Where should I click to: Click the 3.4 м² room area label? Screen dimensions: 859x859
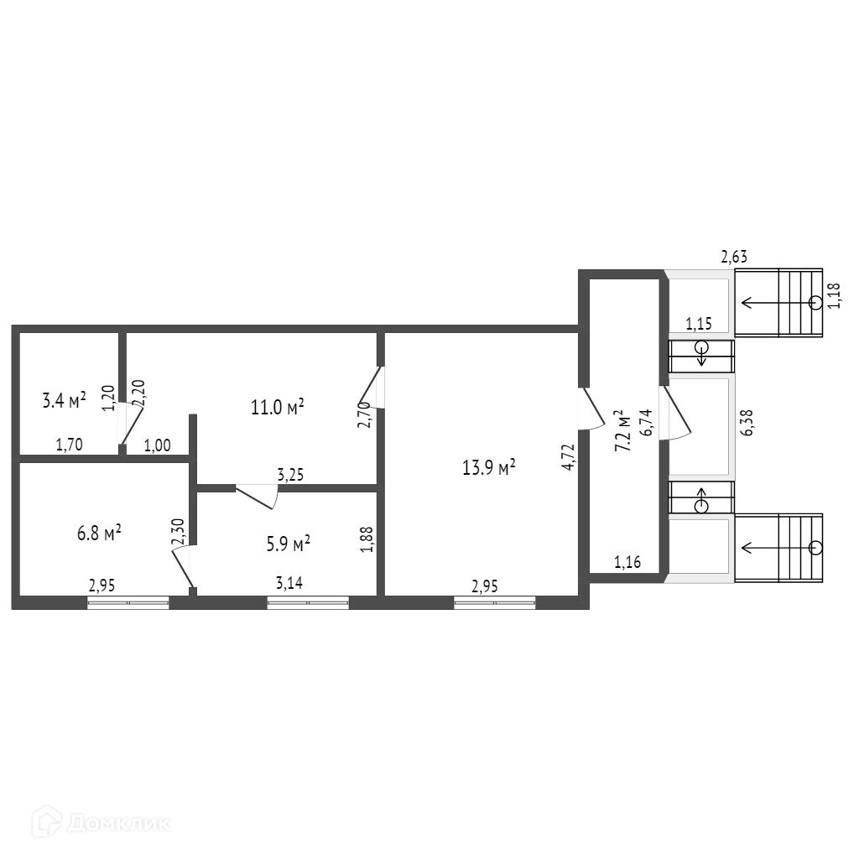pos(64,400)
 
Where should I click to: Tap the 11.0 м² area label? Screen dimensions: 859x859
pos(277,408)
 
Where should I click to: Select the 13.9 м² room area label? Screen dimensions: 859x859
pos(489,468)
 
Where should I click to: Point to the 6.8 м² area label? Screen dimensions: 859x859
pos(99,532)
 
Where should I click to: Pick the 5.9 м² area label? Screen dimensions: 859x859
pos(289,542)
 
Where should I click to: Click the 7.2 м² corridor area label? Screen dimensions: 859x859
pos(622,431)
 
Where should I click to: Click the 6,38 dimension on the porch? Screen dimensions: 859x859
pos(747,423)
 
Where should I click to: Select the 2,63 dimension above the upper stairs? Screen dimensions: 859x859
pos(734,258)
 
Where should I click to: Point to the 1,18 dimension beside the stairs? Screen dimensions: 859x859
pos(834,295)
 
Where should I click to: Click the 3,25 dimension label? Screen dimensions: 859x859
pos(290,475)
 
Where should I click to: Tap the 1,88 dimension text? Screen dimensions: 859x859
pos(366,539)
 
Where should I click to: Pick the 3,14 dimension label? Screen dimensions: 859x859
pos(289,584)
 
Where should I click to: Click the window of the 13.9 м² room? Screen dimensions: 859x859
pos(495,601)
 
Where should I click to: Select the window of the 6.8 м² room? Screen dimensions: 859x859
pos(128,601)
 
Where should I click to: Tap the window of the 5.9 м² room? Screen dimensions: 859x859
pos(308,601)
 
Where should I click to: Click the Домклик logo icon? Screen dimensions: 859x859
pos(47,822)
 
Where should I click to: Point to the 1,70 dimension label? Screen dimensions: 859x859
pos(69,445)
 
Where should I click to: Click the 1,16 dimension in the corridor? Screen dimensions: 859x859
pos(627,563)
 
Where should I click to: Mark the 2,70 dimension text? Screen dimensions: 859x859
pos(364,414)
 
